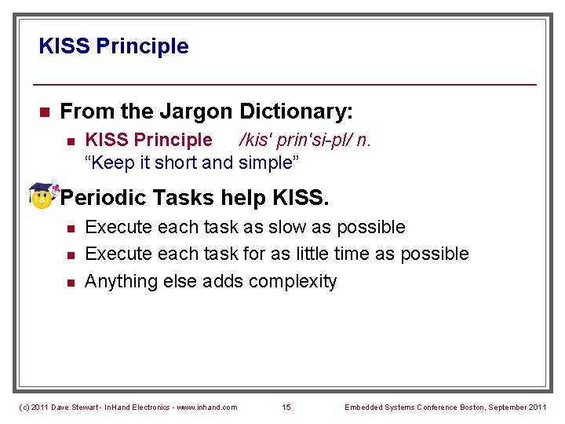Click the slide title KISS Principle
click(x=114, y=46)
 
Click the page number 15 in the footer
click(x=286, y=407)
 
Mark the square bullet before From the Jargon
click(x=45, y=113)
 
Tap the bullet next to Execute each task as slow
click(x=70, y=228)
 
